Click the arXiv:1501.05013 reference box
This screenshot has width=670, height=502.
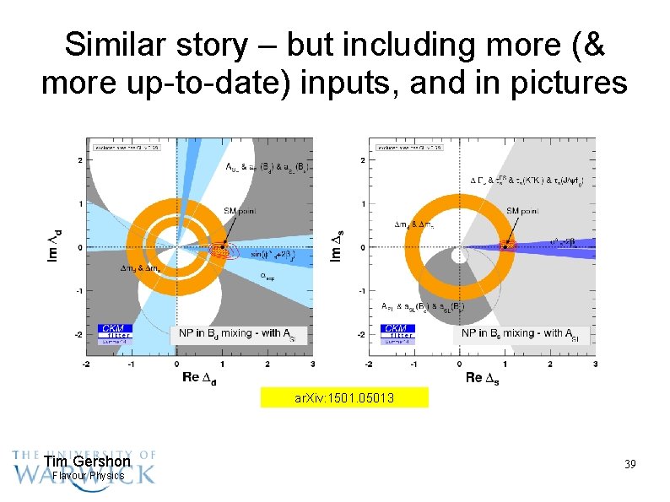click(343, 397)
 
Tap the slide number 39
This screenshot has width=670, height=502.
click(629, 465)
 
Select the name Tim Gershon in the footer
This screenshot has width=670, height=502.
click(87, 462)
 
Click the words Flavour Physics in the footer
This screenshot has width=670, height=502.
click(88, 476)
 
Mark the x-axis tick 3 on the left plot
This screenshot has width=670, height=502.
click(312, 364)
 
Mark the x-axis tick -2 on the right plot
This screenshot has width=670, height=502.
click(368, 364)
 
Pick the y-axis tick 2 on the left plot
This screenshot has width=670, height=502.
click(79, 159)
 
